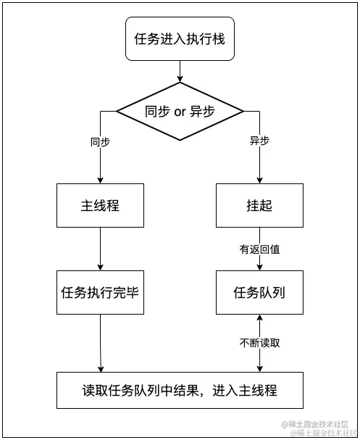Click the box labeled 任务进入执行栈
click(180, 39)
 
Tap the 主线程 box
click(99, 206)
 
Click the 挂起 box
click(259, 206)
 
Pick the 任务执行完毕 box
click(99, 293)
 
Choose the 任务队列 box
click(259, 293)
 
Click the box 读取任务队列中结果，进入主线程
click(180, 391)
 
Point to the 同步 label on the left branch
click(100, 141)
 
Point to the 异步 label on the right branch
click(259, 141)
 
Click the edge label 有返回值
click(259, 249)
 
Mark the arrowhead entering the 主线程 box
click(99, 180)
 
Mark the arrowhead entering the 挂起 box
click(259, 180)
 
